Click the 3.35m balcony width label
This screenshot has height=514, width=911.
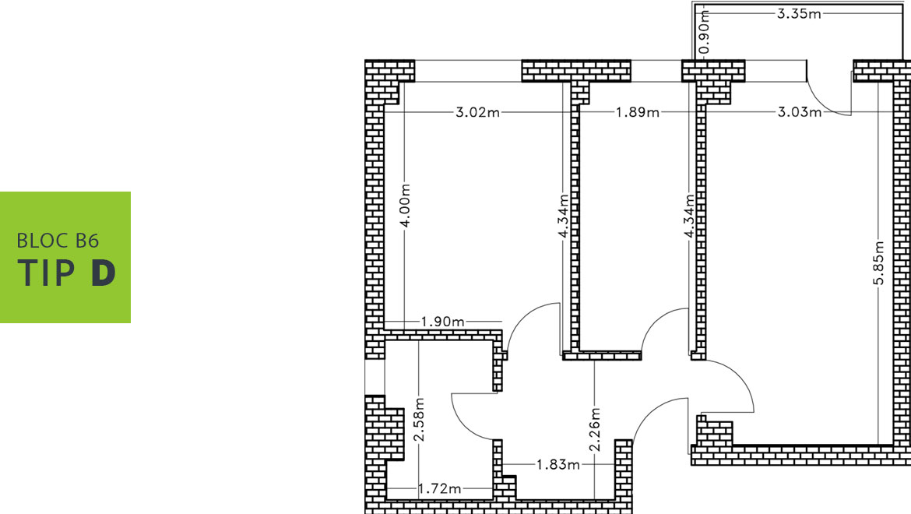(799, 13)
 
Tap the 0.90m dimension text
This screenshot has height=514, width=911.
(704, 32)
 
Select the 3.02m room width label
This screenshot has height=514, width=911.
(477, 112)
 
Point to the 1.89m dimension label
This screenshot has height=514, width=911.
(638, 112)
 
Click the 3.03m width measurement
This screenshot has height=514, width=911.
(800, 112)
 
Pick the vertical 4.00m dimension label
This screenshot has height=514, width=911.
(406, 206)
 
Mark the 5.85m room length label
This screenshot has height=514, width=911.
(879, 263)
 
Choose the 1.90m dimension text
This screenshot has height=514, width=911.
(443, 321)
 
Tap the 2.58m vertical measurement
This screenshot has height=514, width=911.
(420, 419)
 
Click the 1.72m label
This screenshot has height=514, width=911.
(440, 488)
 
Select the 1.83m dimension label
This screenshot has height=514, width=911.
(558, 465)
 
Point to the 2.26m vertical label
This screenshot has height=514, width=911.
(595, 430)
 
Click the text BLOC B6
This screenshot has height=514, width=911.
(58, 241)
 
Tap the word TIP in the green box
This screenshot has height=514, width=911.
(47, 273)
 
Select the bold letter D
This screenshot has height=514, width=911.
(104, 273)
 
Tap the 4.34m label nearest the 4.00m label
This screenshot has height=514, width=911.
(563, 216)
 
